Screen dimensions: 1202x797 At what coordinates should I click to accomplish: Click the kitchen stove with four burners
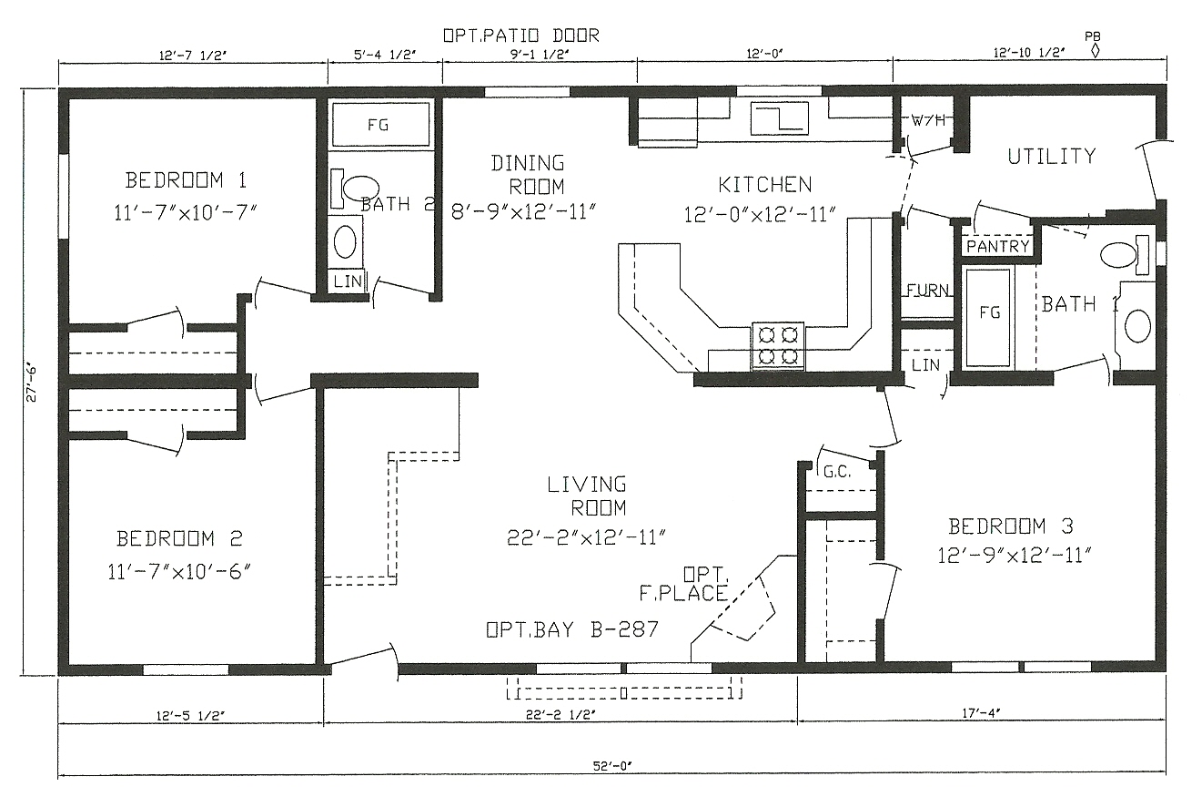[x=778, y=346]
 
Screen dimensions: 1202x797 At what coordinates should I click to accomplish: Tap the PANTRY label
[x=998, y=247]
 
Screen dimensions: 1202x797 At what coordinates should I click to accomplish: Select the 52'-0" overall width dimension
[x=612, y=766]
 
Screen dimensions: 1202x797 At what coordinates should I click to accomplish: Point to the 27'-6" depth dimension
[x=31, y=383]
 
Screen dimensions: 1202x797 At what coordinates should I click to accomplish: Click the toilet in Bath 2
[x=354, y=190]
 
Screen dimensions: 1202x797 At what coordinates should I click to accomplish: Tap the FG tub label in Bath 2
[x=378, y=125]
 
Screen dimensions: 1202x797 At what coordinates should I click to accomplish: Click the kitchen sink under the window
[x=779, y=119]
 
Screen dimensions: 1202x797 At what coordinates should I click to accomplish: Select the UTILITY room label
[x=1051, y=157]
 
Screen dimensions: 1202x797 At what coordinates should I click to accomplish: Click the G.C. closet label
[x=836, y=472]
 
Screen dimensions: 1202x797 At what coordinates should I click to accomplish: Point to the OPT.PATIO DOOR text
[x=520, y=36]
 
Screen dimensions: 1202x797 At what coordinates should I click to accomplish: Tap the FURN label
[x=927, y=291]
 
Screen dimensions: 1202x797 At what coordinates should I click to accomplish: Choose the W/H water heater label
[x=928, y=120]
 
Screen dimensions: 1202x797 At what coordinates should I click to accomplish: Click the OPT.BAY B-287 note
[x=572, y=628]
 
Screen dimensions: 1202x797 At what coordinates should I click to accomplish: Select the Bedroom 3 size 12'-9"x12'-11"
[x=1015, y=555]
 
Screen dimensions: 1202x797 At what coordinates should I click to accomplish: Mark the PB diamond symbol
[x=1096, y=50]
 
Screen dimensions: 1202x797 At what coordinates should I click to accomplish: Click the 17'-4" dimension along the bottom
[x=982, y=713]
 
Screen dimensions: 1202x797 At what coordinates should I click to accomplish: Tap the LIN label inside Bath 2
[x=348, y=281]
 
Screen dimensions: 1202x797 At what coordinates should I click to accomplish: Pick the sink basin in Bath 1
[x=1137, y=325]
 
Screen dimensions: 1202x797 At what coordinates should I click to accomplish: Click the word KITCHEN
[x=764, y=185]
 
